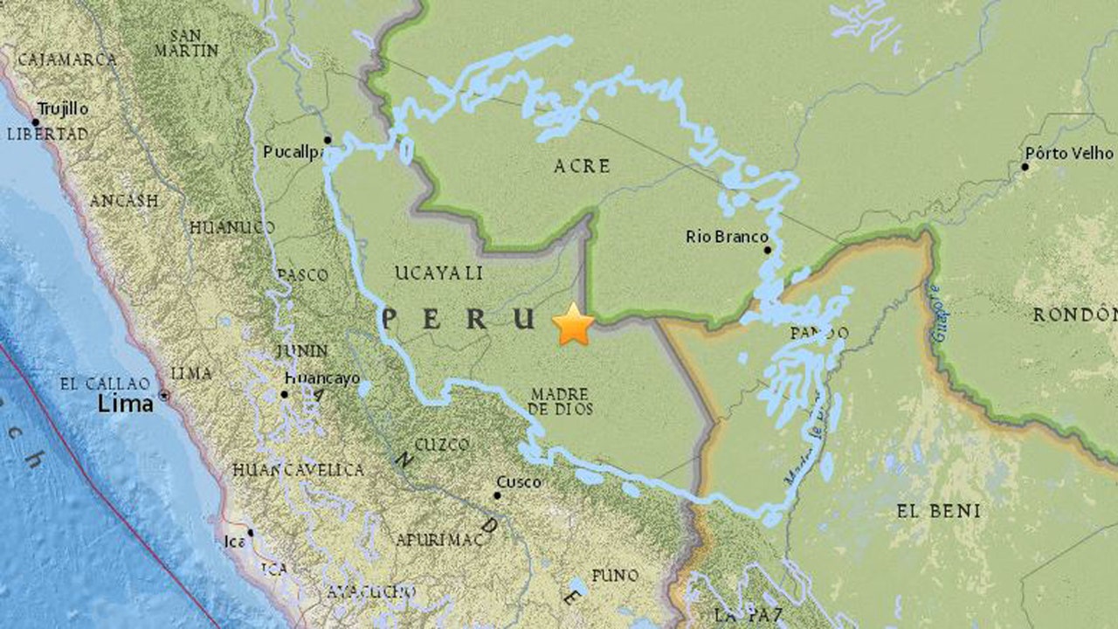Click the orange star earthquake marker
point(573,324)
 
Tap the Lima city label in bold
point(125,403)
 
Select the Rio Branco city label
point(727,237)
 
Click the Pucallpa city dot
point(328,140)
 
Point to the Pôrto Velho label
point(1069,153)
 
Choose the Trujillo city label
point(61,109)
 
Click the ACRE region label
point(582,166)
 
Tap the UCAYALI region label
point(438,273)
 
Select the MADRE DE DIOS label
point(561,401)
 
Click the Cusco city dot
point(497,495)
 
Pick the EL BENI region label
point(938,511)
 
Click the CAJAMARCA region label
point(66,60)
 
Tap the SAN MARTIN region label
point(186,43)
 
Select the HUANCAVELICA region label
point(298,470)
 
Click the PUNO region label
point(614,576)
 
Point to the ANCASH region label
point(124,201)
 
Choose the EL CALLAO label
point(106,383)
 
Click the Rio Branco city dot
point(768,250)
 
